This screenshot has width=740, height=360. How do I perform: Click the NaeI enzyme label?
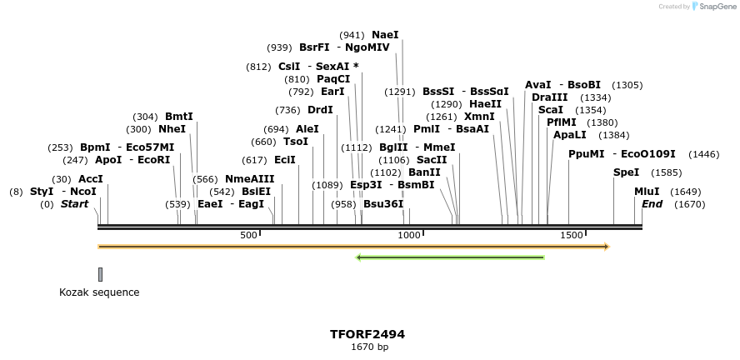pos(385,35)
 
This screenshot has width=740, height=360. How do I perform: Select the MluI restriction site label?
pos(647,192)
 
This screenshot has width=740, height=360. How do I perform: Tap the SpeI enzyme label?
pos(626,172)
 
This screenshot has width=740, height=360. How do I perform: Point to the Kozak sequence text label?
pos(99,292)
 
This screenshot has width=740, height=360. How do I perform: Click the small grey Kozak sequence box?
pos(100,274)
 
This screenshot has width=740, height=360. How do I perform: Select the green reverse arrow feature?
pos(450,257)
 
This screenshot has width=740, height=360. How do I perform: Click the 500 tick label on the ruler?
pos(249,236)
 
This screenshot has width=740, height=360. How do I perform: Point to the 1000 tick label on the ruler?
pos(410,236)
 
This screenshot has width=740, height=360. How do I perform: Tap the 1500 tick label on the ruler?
pos(571,236)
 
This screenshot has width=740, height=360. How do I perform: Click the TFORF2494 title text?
pos(367,334)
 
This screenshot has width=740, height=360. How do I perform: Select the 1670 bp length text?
pos(369,347)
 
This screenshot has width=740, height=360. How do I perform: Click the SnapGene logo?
pos(713,7)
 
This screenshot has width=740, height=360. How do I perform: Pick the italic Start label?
pos(74,204)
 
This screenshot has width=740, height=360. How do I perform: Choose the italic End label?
pos(652,204)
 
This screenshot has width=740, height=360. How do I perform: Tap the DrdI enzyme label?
pos(320,110)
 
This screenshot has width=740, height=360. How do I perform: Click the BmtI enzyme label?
pos(178,117)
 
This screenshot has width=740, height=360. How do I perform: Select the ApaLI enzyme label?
pos(569,135)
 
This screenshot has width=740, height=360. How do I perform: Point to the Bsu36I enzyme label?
pos(383,204)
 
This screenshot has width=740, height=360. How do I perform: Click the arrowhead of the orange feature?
pos(607,247)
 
